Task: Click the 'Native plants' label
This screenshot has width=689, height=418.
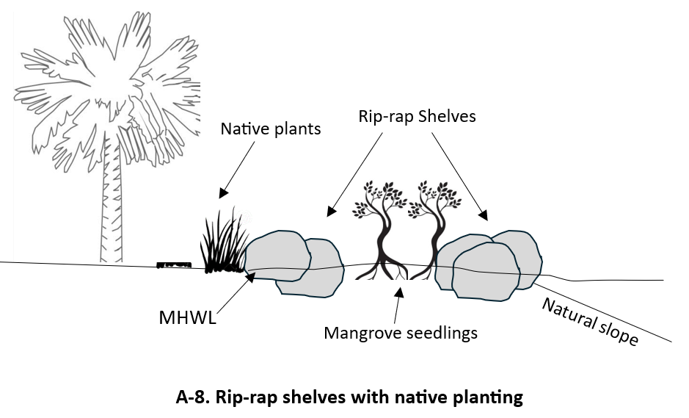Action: click(x=271, y=129)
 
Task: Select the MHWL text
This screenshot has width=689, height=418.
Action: click(x=187, y=318)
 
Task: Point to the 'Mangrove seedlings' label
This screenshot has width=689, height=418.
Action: click(x=401, y=333)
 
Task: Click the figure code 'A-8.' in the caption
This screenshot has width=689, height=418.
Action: click(x=193, y=397)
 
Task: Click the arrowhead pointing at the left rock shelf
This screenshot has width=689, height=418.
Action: click(x=332, y=213)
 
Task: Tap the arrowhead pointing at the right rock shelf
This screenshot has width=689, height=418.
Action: click(x=483, y=215)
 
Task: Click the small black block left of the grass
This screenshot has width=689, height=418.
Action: click(x=174, y=264)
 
